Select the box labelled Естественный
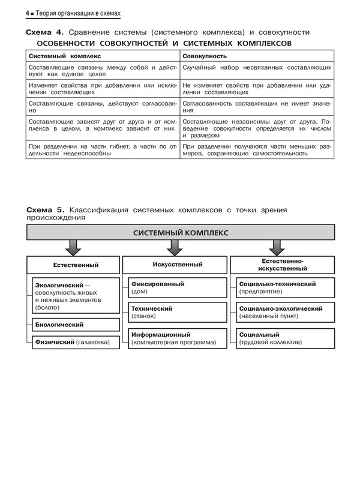point(73,265)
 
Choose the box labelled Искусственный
point(174,264)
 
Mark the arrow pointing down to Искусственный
point(175,247)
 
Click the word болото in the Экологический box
point(49,308)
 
